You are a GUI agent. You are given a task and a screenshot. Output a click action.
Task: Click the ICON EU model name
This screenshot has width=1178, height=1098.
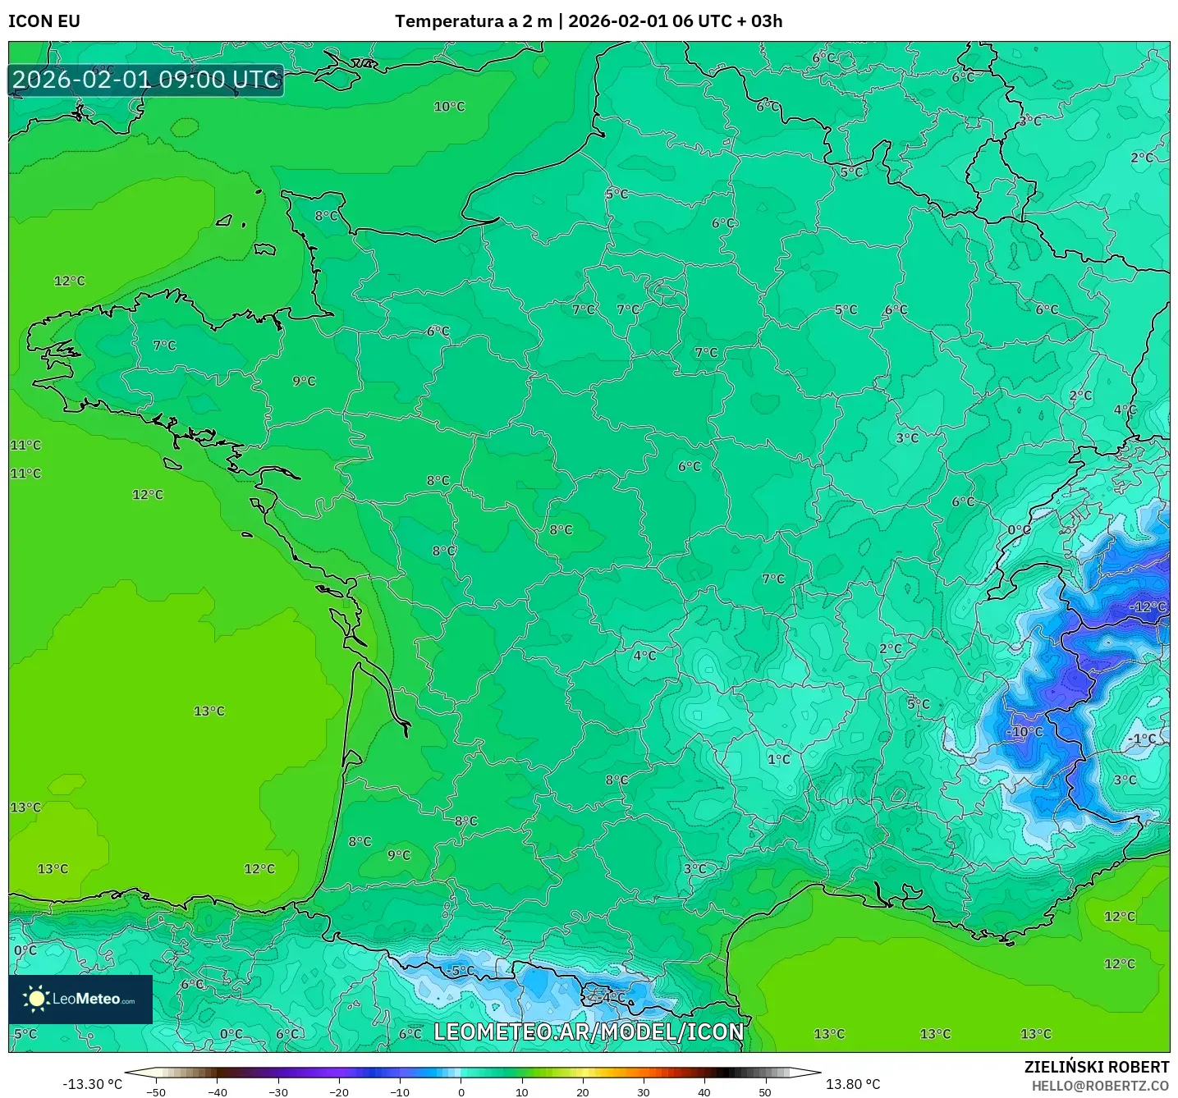click(x=44, y=21)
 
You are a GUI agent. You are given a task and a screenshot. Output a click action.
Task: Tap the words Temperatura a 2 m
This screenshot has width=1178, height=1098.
click(x=473, y=21)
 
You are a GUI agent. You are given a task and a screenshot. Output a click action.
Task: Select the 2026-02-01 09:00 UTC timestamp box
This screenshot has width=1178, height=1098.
click(x=146, y=80)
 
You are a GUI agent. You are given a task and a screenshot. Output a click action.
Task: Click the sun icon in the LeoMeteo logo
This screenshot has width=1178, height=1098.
click(x=36, y=998)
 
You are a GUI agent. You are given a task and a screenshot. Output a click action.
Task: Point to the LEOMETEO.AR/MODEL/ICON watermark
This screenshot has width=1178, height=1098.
click(x=589, y=1032)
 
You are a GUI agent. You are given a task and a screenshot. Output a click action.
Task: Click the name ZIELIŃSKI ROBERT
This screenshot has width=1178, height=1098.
click(x=1096, y=1067)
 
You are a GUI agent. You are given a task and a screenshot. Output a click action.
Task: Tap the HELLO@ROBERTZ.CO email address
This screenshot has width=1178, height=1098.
click(x=1100, y=1086)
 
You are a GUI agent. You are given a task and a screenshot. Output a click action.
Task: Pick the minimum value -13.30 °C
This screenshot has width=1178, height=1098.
click(x=92, y=1084)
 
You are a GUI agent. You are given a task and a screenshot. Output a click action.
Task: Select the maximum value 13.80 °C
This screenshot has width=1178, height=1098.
click(x=852, y=1084)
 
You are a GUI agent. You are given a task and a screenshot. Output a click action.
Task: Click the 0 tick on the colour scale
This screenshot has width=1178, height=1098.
click(x=461, y=1091)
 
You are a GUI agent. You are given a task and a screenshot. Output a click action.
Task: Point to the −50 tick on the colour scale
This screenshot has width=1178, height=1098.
click(x=155, y=1091)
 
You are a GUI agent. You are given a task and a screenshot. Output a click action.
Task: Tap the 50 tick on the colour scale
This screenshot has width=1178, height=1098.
click(x=765, y=1091)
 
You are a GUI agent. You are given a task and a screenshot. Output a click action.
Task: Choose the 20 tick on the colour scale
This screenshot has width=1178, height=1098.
click(x=582, y=1091)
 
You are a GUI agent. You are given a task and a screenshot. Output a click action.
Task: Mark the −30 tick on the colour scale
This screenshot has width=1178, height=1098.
click(x=277, y=1091)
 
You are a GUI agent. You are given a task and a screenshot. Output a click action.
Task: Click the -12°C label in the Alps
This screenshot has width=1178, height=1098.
click(x=1148, y=606)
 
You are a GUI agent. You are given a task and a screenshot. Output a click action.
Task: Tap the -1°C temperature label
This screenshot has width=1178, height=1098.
click(x=1141, y=739)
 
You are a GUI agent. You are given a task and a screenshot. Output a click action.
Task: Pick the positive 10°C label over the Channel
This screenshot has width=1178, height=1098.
click(x=449, y=107)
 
